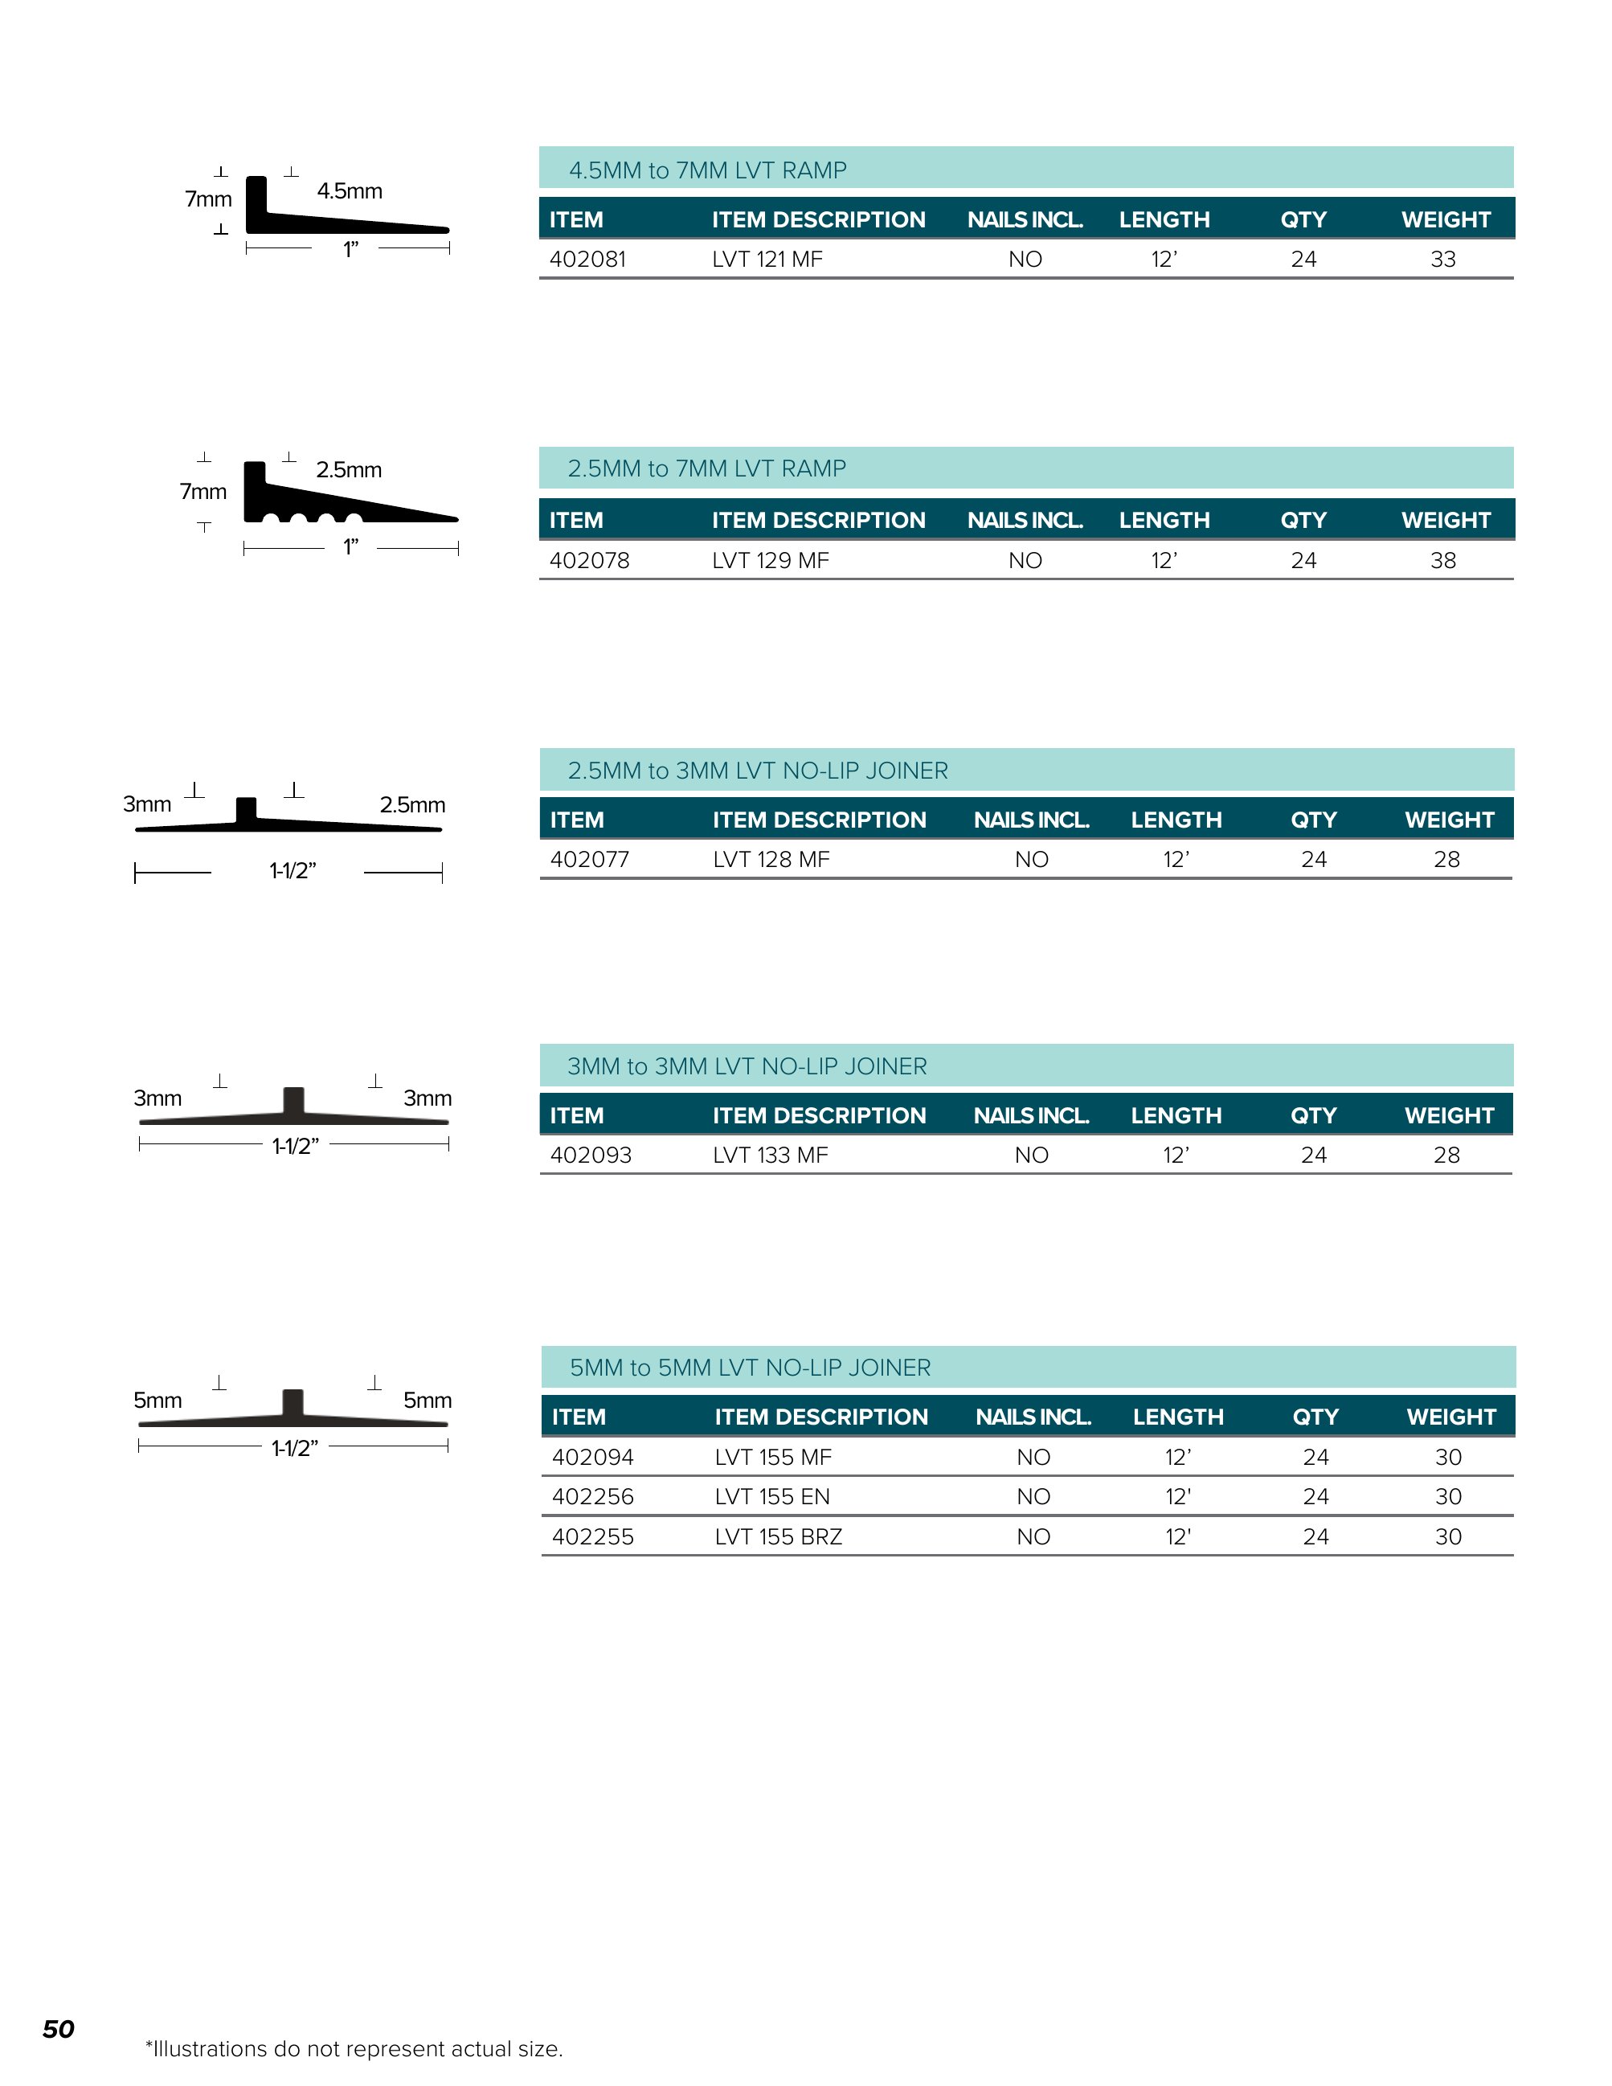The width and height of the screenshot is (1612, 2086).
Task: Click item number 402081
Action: click(587, 259)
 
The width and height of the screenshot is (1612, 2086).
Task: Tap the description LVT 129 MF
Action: click(770, 561)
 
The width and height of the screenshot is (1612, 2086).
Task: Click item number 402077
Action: click(589, 860)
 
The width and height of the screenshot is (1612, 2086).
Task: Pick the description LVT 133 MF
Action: click(770, 1155)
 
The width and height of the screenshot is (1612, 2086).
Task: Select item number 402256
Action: click(592, 1497)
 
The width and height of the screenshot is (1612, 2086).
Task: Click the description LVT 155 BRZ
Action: click(779, 1537)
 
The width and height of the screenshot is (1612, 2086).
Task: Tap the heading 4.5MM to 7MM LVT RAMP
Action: click(708, 170)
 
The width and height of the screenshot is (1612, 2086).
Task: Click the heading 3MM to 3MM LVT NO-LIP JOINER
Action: click(747, 1066)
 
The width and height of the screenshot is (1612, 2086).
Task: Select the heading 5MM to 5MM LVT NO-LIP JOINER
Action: click(750, 1368)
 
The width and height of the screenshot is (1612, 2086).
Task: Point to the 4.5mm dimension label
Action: click(350, 191)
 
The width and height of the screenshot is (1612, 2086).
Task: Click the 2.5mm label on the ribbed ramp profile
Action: click(349, 470)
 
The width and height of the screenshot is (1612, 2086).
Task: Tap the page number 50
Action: click(58, 2029)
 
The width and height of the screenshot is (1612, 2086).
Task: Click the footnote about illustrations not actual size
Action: click(354, 2049)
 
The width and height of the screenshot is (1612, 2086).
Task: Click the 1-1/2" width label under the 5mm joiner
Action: click(294, 1448)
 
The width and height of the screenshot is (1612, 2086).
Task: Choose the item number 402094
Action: click(592, 1457)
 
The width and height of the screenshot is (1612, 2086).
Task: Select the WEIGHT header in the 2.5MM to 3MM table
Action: click(1449, 820)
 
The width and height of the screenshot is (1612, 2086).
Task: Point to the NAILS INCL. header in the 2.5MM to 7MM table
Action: click(1025, 521)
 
